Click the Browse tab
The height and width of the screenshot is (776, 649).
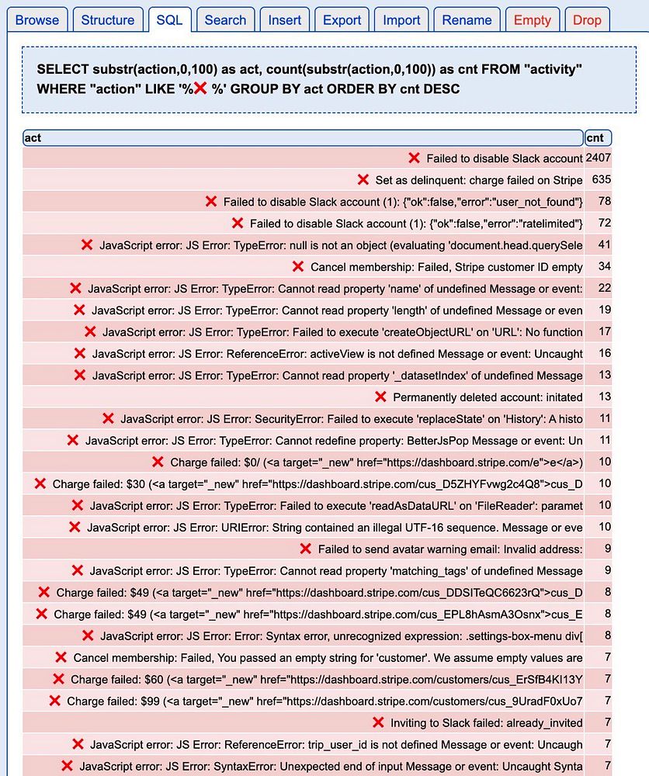37,20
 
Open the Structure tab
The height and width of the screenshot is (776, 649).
108,20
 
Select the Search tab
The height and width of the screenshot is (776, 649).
225,20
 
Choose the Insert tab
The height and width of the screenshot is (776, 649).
285,20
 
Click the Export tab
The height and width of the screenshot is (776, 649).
342,20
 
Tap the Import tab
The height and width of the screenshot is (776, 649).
401,20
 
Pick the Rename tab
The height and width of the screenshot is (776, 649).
467,20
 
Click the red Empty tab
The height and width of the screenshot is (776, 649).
532,20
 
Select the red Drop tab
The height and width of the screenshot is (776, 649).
587,20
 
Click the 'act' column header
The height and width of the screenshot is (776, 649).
303,138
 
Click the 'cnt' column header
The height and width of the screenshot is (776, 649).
597,138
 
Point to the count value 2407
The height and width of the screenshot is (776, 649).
599,158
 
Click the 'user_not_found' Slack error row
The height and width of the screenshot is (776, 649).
403,202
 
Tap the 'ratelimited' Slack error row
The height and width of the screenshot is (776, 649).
416,223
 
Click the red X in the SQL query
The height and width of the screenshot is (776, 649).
200,88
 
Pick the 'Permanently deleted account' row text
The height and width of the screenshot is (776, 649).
488,397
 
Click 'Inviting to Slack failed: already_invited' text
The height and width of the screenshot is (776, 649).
486,723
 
